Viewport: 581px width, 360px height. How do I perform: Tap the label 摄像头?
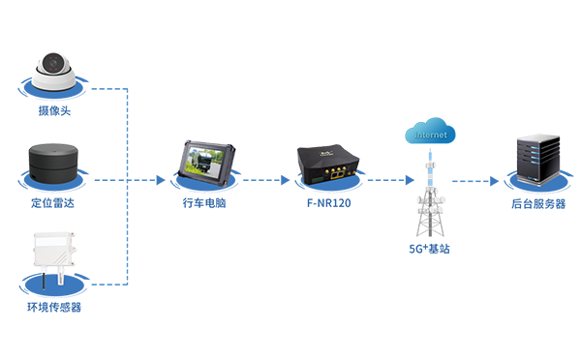[55, 112]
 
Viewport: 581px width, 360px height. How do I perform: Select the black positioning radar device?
[55, 163]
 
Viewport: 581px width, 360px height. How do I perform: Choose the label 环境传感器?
[55, 308]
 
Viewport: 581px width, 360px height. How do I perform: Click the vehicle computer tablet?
[204, 164]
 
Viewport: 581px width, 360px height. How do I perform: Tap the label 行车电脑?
[204, 205]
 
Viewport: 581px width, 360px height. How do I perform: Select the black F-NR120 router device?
[323, 164]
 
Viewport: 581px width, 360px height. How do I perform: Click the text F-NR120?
[324, 205]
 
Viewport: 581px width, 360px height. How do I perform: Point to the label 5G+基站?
[429, 249]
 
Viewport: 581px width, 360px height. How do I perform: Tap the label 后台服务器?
[538, 205]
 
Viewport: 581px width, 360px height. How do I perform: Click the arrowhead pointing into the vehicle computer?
[159, 180]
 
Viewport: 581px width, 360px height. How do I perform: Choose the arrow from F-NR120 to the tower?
[382, 180]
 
